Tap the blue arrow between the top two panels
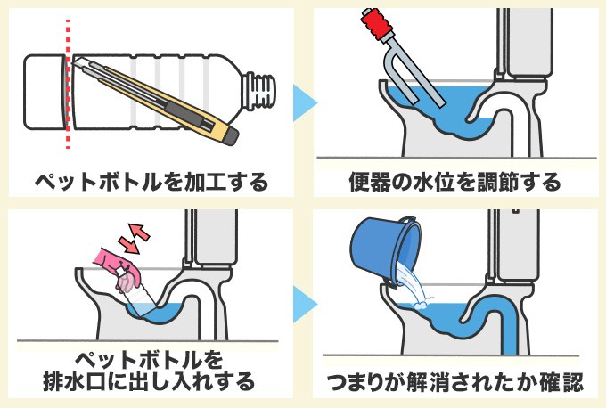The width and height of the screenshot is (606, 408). coord(304,97)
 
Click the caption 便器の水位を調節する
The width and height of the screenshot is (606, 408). coord(454,184)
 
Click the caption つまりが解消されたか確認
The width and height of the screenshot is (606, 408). coord(454,383)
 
